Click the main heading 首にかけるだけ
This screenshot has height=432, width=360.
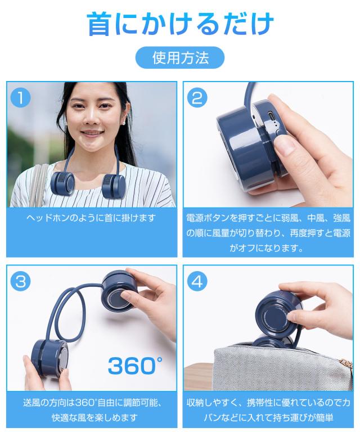point(180,24)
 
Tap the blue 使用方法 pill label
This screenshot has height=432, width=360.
point(180,57)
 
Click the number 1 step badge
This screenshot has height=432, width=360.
point(20,97)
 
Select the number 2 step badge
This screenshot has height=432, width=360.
point(196,97)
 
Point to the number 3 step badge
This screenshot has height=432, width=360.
point(20,281)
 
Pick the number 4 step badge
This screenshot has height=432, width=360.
point(196,281)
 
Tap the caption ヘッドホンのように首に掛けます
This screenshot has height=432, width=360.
point(91,218)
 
